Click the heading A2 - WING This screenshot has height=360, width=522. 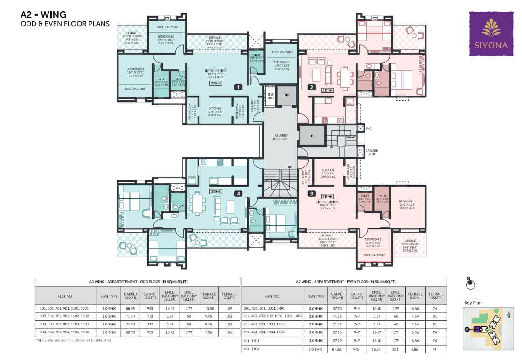click(x=43, y=15)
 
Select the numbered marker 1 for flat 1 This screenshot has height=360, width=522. click(x=238, y=87)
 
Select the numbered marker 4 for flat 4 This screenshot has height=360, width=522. click(x=238, y=193)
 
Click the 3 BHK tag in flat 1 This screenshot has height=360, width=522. click(x=216, y=83)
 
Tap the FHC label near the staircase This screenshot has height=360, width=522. click(x=368, y=128)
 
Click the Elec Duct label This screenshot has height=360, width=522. click(x=270, y=96)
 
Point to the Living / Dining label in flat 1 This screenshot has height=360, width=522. click(x=216, y=73)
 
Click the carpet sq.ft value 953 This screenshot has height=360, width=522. click(x=150, y=308)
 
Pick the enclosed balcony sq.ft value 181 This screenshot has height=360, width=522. click(x=395, y=349)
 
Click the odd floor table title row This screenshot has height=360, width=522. click(x=138, y=282)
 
